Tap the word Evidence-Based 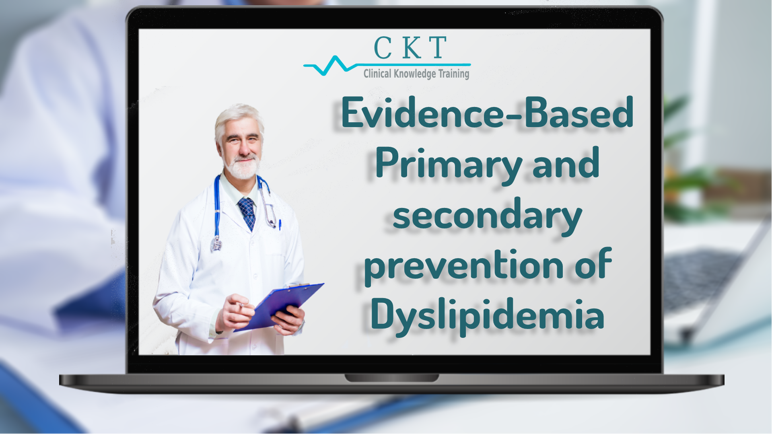click(x=487, y=112)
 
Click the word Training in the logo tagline click(x=454, y=74)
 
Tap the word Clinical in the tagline click(x=377, y=74)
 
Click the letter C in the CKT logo click(x=383, y=48)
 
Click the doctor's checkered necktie click(x=247, y=213)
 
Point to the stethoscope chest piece click(x=216, y=243)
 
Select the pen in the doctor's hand click(x=242, y=304)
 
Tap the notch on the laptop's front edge click(x=391, y=378)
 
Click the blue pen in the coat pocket click(x=280, y=224)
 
